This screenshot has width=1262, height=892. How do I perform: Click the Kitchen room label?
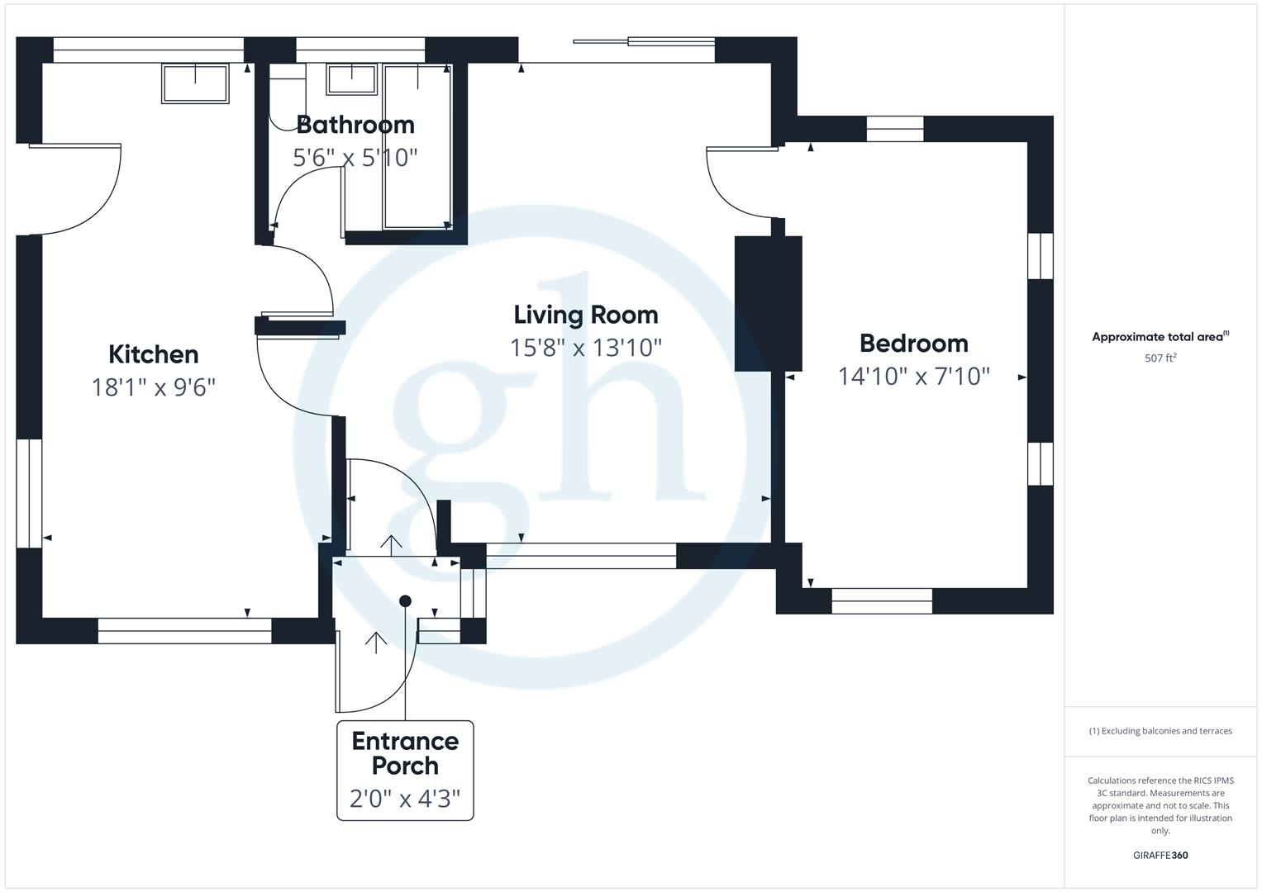pyautogui.click(x=154, y=354)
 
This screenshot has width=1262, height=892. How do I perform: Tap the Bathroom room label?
pyautogui.click(x=355, y=125)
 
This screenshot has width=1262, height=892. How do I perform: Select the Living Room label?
pyautogui.click(x=586, y=315)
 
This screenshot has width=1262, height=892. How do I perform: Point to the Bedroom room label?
pyautogui.click(x=913, y=343)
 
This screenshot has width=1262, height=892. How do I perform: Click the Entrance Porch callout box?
pyautogui.click(x=405, y=770)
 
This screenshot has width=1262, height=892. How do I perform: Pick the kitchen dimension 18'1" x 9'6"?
pyautogui.click(x=154, y=387)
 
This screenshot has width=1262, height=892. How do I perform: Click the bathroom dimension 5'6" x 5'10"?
pyautogui.click(x=355, y=157)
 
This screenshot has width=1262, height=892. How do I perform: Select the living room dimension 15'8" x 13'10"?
pyautogui.click(x=586, y=347)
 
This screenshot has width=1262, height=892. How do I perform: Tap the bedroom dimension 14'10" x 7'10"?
pyautogui.click(x=913, y=376)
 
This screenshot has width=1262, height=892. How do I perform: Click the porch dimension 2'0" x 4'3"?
pyautogui.click(x=405, y=799)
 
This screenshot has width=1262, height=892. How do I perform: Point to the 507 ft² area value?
pyautogui.click(x=1160, y=358)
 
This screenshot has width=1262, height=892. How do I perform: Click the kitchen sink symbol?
pyautogui.click(x=195, y=83)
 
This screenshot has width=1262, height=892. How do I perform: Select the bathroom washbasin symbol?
pyautogui.click(x=351, y=80)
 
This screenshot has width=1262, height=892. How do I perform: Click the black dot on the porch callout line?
pyautogui.click(x=405, y=601)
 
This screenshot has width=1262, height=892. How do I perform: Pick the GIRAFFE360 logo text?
pyautogui.click(x=1160, y=855)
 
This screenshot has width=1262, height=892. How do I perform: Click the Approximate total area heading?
pyautogui.click(x=1160, y=336)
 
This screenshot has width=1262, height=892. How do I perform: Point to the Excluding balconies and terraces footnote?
pyautogui.click(x=1160, y=731)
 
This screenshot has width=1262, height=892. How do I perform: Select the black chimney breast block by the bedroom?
pyautogui.click(x=769, y=303)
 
